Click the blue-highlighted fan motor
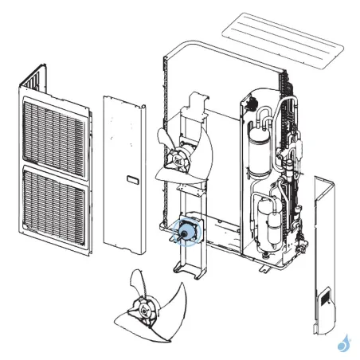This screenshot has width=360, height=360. point(190,232)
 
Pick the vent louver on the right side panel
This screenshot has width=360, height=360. point(327,300)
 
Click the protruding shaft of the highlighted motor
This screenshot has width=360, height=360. point(178,235)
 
